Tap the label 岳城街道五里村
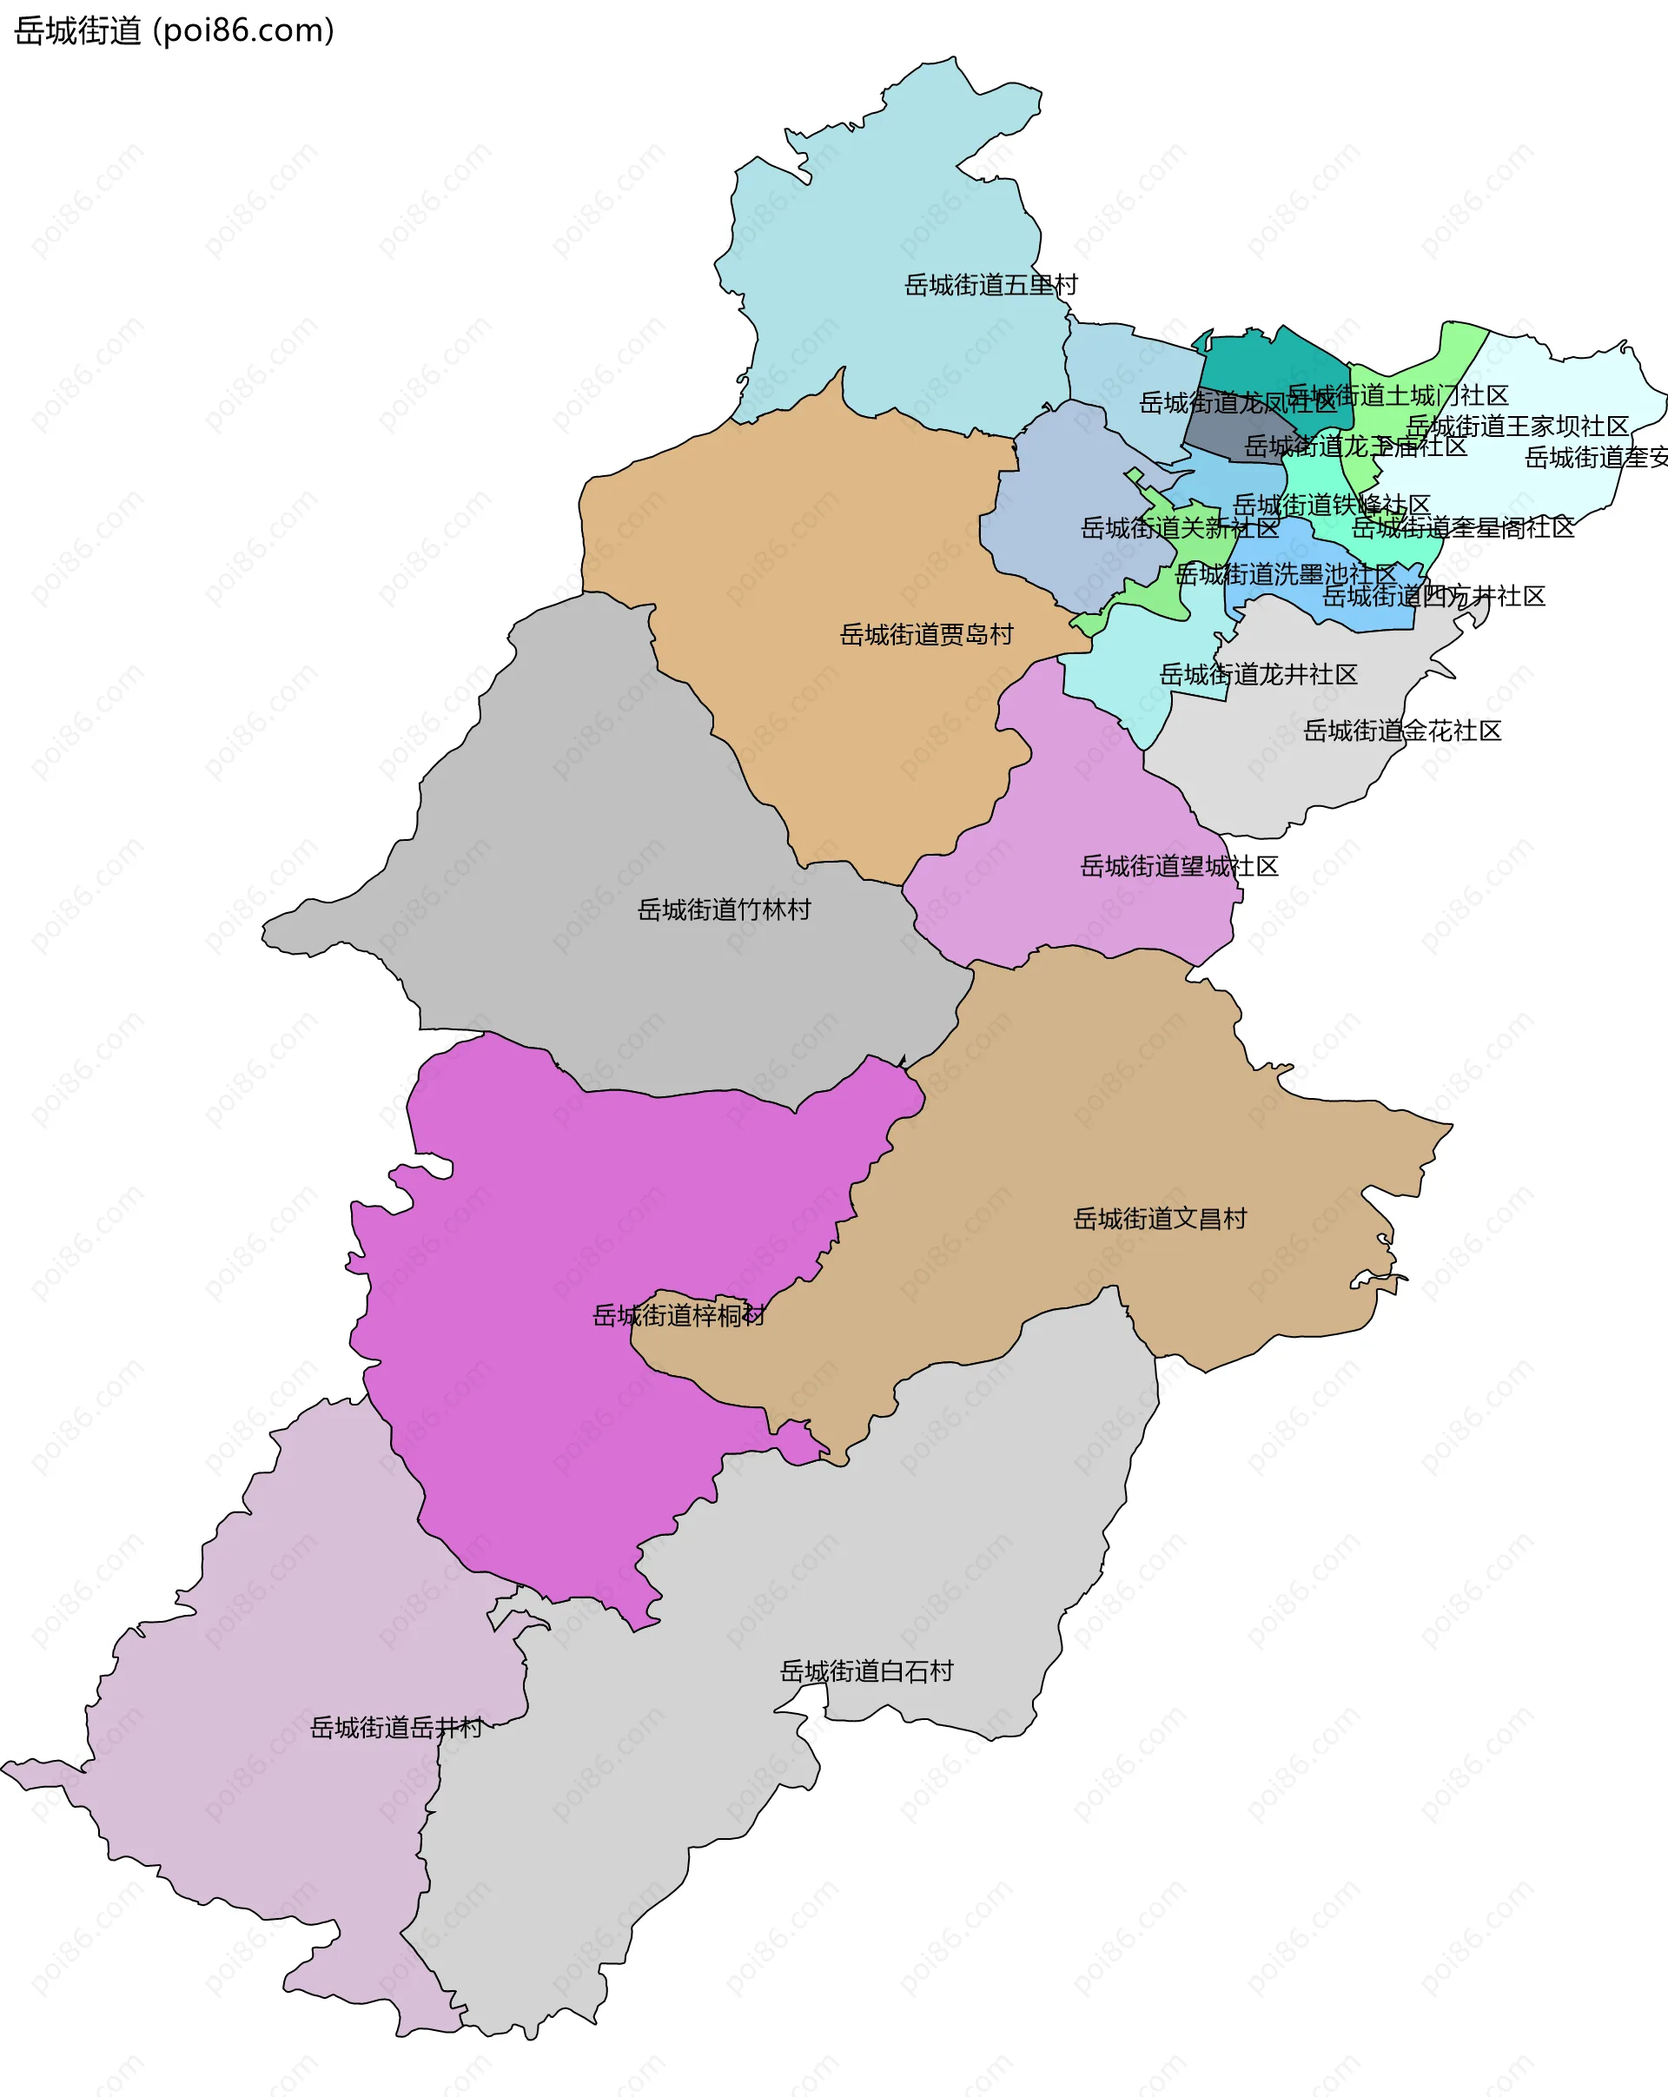tap(990, 285)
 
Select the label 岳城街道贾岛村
tap(926, 635)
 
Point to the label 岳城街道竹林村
tap(724, 910)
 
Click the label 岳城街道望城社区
tap(1179, 867)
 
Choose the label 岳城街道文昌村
tap(1159, 1219)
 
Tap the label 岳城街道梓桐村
tap(678, 1316)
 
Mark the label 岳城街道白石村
tap(865, 1671)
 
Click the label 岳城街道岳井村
tap(396, 1728)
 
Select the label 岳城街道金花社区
tap(1401, 731)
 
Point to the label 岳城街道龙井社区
tap(1258, 674)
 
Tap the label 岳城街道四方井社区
tap(1433, 596)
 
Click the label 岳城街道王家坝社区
tap(1516, 426)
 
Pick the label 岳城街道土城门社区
tap(1397, 395)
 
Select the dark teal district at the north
tap(1264, 365)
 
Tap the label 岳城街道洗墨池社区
tap(1285, 574)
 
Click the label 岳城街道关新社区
tap(1179, 528)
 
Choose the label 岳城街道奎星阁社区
tap(1462, 527)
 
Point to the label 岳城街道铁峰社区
tap(1331, 505)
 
